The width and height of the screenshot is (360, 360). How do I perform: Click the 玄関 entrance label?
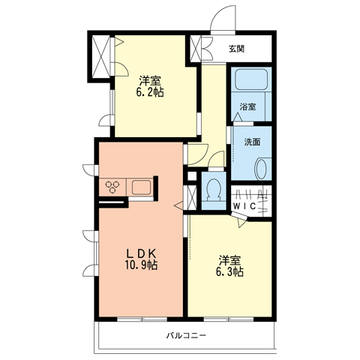[236, 49]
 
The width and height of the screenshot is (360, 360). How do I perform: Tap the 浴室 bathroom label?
[247, 107]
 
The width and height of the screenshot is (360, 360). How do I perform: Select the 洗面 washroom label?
[252, 142]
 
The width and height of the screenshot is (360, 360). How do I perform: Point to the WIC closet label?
[244, 206]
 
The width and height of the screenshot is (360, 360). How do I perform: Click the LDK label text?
[142, 254]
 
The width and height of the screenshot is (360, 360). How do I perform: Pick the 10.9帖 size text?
[141, 265]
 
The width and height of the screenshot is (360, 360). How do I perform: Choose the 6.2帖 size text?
[150, 92]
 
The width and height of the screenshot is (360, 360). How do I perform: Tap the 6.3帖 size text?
[229, 271]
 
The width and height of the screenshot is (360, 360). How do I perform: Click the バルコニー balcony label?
[187, 335]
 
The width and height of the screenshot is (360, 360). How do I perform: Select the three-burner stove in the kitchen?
[112, 187]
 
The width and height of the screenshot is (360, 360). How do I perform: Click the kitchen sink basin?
[141, 187]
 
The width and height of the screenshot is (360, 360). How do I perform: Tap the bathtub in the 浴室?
[251, 79]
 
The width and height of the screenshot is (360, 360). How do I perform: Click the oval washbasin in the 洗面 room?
[261, 169]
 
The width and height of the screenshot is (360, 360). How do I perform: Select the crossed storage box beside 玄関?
[196, 49]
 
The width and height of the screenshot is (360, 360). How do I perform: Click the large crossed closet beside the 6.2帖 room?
[101, 57]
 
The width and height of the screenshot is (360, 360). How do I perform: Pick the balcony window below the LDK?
[142, 319]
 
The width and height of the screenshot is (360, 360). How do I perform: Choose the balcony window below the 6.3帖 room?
[229, 319]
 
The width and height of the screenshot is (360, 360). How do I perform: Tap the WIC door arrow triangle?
[241, 223]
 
